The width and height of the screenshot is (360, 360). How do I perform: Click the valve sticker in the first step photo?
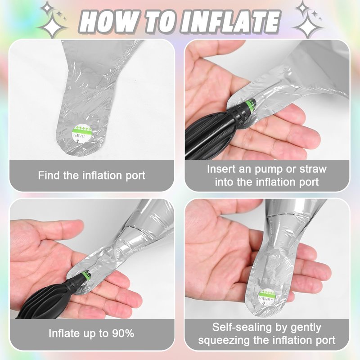click(81, 134)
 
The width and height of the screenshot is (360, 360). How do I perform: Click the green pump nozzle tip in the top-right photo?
click(251, 105)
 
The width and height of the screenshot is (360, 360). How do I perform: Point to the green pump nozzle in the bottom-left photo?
click(86, 274)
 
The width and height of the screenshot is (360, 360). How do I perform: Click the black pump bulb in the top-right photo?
click(211, 133)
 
